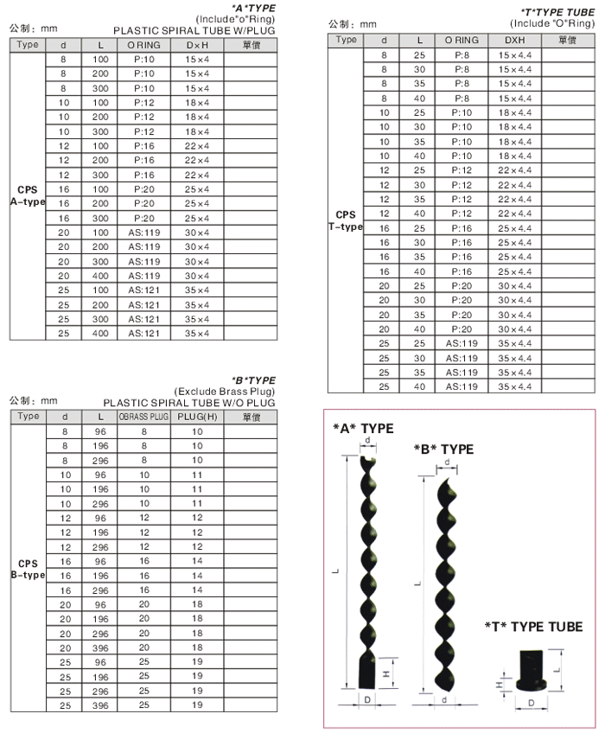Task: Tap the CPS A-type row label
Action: click(x=27, y=195)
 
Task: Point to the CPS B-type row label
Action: click(x=27, y=569)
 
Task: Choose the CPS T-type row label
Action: click(x=346, y=220)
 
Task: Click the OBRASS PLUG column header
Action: click(x=143, y=417)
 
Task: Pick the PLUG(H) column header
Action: click(x=196, y=417)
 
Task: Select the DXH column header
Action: click(x=514, y=41)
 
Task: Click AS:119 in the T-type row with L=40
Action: click(x=462, y=386)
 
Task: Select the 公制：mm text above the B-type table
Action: click(x=33, y=400)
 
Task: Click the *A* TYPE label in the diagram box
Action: click(x=363, y=429)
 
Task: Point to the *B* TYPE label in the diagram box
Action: click(x=443, y=449)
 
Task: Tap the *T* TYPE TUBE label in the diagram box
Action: click(x=533, y=627)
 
